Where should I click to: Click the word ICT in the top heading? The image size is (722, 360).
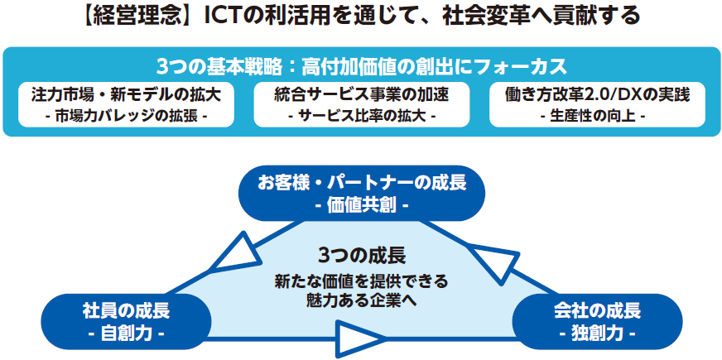pos(219,17)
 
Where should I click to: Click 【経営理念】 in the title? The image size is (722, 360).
pos(140,17)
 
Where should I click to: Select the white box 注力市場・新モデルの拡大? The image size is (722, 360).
pos(126,104)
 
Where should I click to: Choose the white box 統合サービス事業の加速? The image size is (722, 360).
pos(362,104)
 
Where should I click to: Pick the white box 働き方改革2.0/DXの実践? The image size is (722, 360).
pos(597,104)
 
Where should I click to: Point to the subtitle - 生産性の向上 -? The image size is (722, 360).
pos(597,116)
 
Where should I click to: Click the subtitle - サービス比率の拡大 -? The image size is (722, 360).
pos(362,116)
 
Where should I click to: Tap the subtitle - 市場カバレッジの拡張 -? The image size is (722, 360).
pos(126,116)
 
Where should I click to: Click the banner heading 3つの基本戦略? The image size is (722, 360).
pos(219,68)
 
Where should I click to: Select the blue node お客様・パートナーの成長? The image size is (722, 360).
pos(362,194)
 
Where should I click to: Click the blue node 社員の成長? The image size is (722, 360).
pos(126,321)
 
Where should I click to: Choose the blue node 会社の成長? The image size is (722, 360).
pos(597,321)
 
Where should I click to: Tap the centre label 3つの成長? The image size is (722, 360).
pos(362,256)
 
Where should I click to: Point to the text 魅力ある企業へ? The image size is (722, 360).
pos(362,300)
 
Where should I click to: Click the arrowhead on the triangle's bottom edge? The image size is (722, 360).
pos(359,339)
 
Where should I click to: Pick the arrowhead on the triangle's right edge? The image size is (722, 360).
pos(495,264)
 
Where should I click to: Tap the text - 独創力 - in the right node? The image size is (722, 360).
pos(597,333)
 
